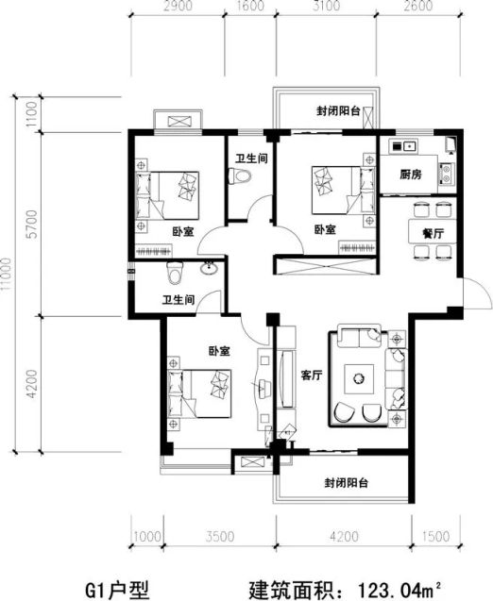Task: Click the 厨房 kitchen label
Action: (x=411, y=175)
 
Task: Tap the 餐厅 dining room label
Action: (x=433, y=233)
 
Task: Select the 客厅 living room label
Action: (x=312, y=376)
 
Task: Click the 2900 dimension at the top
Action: (x=178, y=6)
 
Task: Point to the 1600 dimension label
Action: (x=250, y=6)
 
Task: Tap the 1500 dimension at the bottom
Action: (x=435, y=536)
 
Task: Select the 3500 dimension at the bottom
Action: (x=220, y=536)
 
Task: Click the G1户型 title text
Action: (x=117, y=590)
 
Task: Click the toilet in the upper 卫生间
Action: (x=239, y=176)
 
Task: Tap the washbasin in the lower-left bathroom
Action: (x=209, y=268)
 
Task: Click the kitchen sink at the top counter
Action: (x=403, y=146)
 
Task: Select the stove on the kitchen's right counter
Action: (x=447, y=174)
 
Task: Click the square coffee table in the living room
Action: (x=359, y=378)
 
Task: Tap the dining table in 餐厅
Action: (x=433, y=231)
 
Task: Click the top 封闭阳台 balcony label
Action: (x=338, y=111)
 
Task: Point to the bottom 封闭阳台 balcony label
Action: (x=346, y=482)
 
